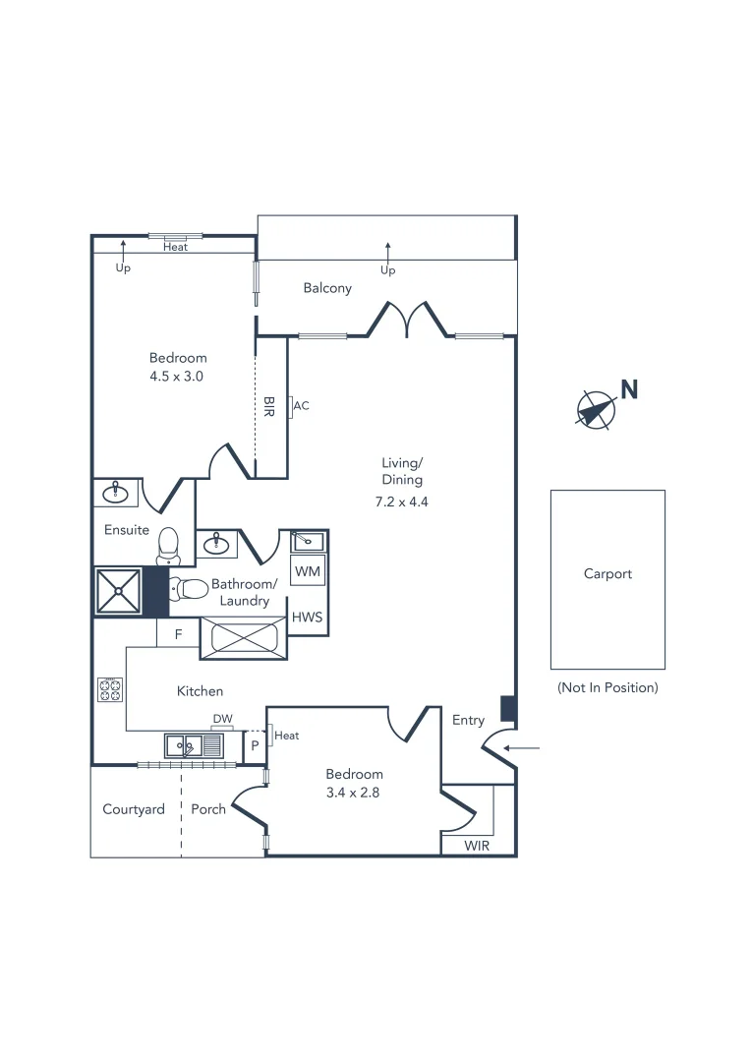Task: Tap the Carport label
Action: click(x=607, y=573)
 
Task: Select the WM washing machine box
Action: click(x=307, y=571)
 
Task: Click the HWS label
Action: click(x=307, y=618)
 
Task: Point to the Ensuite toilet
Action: click(x=168, y=545)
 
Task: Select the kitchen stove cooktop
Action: click(x=109, y=689)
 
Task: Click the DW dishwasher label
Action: click(x=223, y=719)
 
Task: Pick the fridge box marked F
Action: click(x=178, y=634)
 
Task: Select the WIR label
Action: click(x=477, y=846)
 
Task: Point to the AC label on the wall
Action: click(x=302, y=405)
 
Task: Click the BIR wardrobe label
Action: click(x=269, y=406)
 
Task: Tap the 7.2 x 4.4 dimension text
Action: click(x=403, y=501)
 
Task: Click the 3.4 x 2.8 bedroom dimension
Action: click(x=354, y=793)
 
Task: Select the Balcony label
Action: click(x=327, y=288)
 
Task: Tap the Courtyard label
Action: click(x=133, y=809)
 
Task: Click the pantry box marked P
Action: click(x=254, y=745)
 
